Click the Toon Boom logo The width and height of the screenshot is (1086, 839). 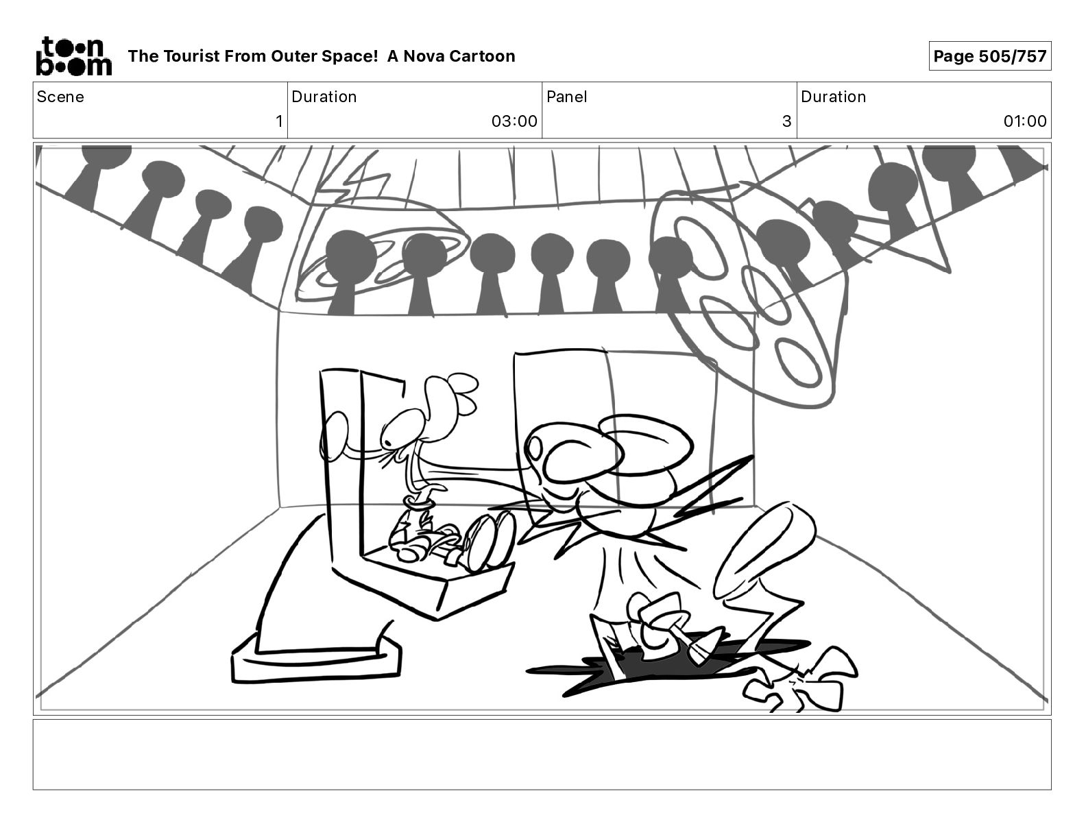[x=73, y=56]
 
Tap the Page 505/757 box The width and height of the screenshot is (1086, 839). [x=989, y=56]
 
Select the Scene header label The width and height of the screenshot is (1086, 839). [x=60, y=97]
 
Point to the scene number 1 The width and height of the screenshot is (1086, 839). [x=278, y=121]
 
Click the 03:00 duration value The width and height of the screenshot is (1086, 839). [x=514, y=121]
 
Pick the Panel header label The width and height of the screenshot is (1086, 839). [x=566, y=97]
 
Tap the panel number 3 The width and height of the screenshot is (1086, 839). [x=786, y=121]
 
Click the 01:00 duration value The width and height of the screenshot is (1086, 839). [x=1024, y=121]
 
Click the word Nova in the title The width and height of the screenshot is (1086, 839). [x=424, y=56]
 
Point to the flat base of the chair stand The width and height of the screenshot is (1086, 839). [x=315, y=662]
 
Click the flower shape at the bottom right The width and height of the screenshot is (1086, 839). [x=802, y=682]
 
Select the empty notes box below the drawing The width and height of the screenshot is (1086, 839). [x=542, y=754]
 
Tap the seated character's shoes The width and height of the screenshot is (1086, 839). [x=488, y=542]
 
